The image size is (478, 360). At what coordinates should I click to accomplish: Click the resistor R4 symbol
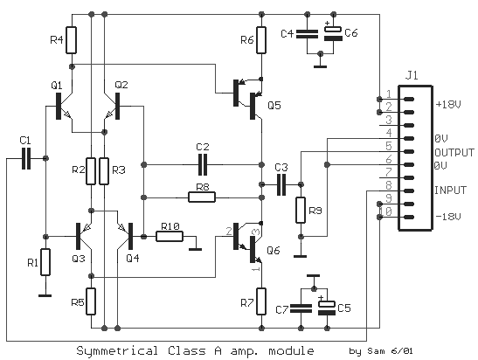72,40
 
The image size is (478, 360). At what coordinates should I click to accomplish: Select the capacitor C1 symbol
26,158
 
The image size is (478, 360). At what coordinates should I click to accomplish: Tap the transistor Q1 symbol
64,106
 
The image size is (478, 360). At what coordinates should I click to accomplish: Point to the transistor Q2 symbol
112,106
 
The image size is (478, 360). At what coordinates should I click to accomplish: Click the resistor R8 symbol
202,197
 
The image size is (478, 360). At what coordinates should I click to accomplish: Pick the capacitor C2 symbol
203,164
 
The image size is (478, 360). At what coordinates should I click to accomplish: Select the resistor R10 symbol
170,236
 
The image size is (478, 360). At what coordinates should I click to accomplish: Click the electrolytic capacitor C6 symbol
333,33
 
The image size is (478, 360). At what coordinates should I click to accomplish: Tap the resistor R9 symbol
301,210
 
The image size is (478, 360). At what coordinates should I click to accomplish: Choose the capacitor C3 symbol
281,184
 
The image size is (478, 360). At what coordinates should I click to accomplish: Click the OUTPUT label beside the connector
454,152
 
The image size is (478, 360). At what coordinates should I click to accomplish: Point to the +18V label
448,105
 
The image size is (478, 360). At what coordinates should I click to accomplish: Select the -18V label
448,217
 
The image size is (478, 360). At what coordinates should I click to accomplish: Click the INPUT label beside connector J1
450,190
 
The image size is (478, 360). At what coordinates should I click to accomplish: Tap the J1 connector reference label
412,75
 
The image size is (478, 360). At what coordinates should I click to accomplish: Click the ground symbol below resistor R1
45,295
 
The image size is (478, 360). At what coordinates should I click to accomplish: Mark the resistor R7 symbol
261,301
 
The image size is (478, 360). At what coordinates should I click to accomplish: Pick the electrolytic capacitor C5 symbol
327,308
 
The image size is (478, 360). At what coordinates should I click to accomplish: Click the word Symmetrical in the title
117,351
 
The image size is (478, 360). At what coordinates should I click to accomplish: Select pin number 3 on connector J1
389,120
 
